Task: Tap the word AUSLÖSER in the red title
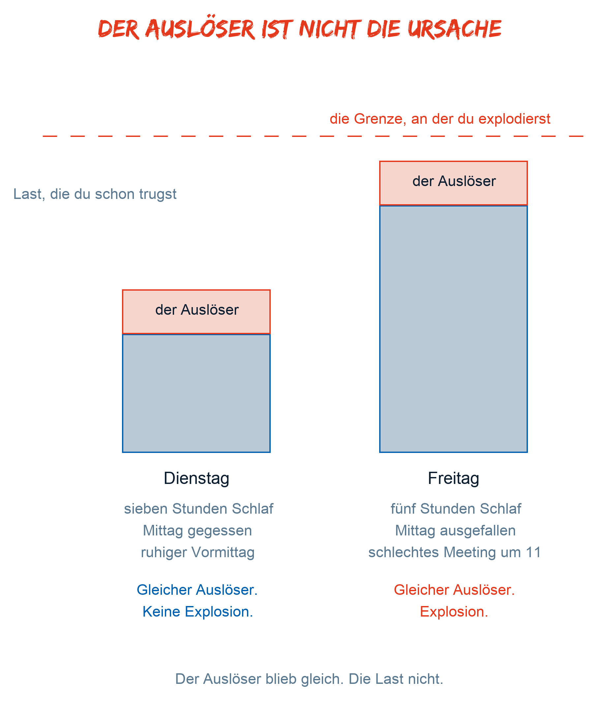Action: click(200, 29)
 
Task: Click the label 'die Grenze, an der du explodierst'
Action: click(440, 119)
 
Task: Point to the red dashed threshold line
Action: click(313, 136)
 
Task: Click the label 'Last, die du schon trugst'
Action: click(95, 194)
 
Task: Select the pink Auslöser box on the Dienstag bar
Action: click(197, 312)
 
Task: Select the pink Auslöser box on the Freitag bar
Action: click(453, 183)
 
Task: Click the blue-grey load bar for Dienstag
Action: click(197, 394)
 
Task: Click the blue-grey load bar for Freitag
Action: click(453, 329)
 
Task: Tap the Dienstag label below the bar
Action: click(197, 478)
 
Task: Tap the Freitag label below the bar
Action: click(453, 478)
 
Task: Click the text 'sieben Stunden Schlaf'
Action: click(198, 509)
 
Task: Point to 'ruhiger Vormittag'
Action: click(198, 553)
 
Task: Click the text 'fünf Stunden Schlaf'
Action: click(456, 509)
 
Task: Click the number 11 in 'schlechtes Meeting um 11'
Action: click(534, 553)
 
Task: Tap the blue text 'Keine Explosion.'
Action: click(198, 612)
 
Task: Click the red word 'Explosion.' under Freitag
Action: click(454, 612)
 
